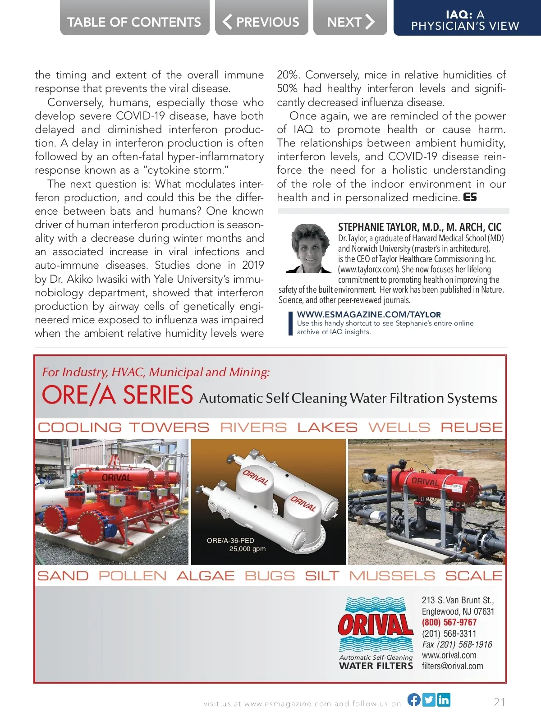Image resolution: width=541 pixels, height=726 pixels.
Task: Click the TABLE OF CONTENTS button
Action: [x=134, y=22]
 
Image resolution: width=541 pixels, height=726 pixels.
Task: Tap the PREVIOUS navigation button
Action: [x=261, y=22]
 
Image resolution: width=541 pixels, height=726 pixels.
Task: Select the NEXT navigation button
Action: [x=350, y=22]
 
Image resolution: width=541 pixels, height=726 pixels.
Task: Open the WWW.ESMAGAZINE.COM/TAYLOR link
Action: [x=369, y=314]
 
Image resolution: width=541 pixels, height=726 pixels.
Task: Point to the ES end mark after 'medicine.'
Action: [x=470, y=197]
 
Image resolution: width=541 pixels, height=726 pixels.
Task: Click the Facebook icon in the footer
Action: [x=414, y=699]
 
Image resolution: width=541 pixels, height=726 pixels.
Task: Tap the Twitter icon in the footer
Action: [x=429, y=699]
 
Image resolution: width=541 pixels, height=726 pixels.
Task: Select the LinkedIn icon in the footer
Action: [x=444, y=699]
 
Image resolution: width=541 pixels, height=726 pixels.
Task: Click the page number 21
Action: [x=500, y=702]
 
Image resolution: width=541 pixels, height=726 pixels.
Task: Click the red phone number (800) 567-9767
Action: [x=449, y=622]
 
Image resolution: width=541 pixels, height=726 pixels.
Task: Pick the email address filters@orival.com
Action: [x=452, y=666]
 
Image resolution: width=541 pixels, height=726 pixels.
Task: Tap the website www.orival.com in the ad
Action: [x=449, y=655]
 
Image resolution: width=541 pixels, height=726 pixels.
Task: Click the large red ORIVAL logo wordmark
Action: [x=376, y=625]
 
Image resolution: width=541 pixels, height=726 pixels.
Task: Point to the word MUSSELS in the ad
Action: [x=392, y=576]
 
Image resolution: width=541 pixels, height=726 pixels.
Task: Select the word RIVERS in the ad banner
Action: [x=253, y=427]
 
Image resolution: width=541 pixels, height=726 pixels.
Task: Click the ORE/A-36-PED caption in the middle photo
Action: [x=230, y=540]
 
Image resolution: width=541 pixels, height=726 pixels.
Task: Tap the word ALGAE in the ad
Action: [x=206, y=576]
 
